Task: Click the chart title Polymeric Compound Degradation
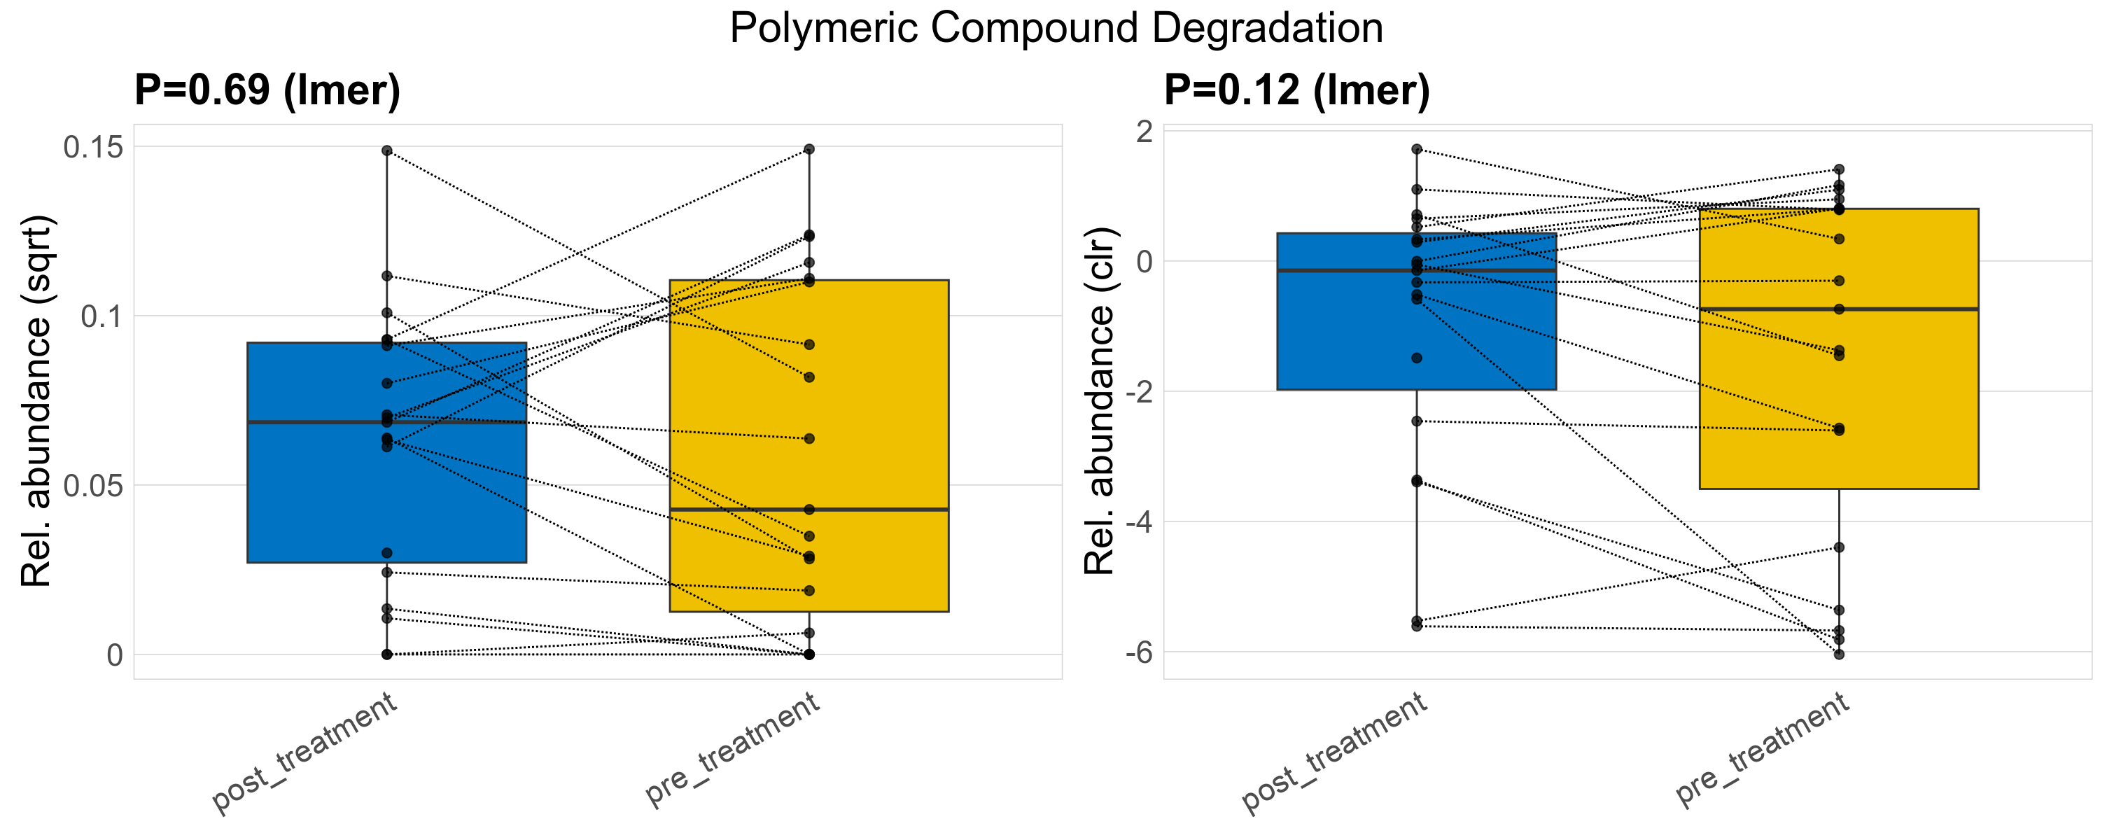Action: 1056,29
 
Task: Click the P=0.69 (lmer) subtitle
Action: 267,90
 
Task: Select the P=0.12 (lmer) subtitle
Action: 1296,90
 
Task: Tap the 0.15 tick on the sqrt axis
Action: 94,148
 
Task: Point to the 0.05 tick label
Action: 94,486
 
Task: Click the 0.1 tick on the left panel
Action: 101,316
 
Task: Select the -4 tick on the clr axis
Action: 1138,522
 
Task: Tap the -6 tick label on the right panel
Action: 1138,653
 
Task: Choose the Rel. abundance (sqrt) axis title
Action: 36,401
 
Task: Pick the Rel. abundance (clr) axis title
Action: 1099,401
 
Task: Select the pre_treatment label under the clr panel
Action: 1762,750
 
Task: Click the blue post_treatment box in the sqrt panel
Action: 386,492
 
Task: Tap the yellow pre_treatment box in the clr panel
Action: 1838,393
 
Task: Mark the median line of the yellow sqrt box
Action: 808,510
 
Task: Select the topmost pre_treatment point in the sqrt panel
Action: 808,149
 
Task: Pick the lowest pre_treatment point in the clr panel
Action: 1839,654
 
